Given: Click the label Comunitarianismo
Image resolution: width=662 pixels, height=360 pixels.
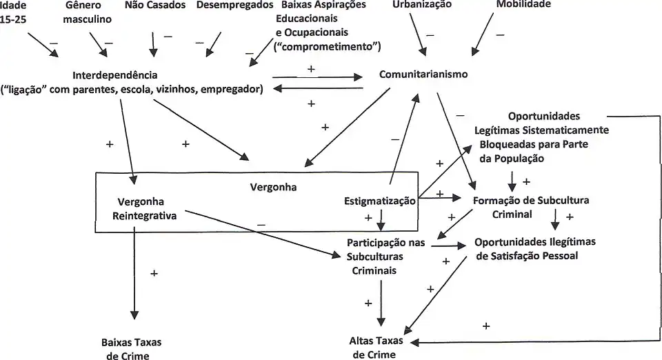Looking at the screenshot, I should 423,74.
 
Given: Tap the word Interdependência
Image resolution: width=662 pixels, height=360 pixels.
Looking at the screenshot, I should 115,74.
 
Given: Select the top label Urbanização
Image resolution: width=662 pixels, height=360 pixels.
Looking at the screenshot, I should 421,5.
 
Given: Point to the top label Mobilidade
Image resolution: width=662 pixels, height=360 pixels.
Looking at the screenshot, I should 523,5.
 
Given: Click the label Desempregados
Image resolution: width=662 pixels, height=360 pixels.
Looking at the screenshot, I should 234,5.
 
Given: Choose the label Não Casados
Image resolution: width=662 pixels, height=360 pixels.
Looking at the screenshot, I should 154,5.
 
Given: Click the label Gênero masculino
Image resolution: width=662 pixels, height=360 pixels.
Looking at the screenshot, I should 87,12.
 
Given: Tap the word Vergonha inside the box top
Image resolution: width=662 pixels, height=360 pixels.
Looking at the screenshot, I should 272,186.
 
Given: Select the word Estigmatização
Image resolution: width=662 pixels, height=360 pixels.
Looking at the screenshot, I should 380,201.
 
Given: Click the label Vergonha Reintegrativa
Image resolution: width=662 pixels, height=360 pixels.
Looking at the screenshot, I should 147,209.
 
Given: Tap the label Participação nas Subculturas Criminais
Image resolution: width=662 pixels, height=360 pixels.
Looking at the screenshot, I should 385,256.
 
